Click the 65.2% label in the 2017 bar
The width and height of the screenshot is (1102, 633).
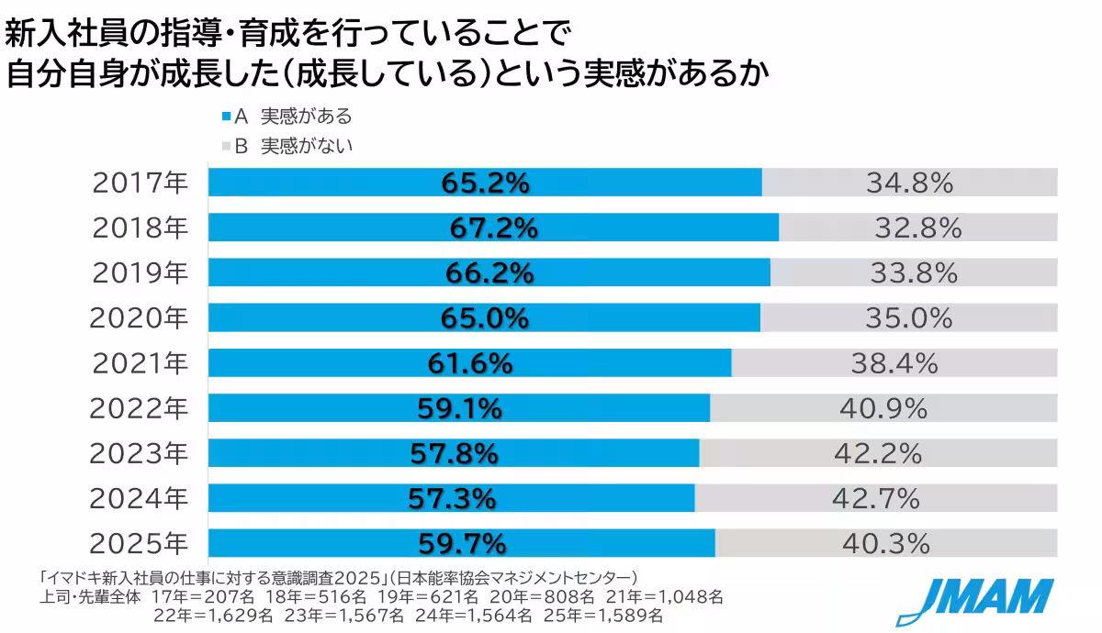485,183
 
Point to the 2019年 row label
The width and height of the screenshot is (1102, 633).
139,273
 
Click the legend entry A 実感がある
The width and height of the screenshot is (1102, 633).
287,117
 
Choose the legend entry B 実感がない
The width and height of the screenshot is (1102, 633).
287,145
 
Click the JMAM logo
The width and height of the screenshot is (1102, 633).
974,598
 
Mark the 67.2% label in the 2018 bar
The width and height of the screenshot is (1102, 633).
493,228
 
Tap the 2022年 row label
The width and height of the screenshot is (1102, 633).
139,409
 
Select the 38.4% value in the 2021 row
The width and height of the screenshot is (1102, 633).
894,363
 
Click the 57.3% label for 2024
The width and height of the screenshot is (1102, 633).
452,498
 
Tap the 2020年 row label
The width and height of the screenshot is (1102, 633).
139,318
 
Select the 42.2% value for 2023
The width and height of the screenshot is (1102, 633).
877,453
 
